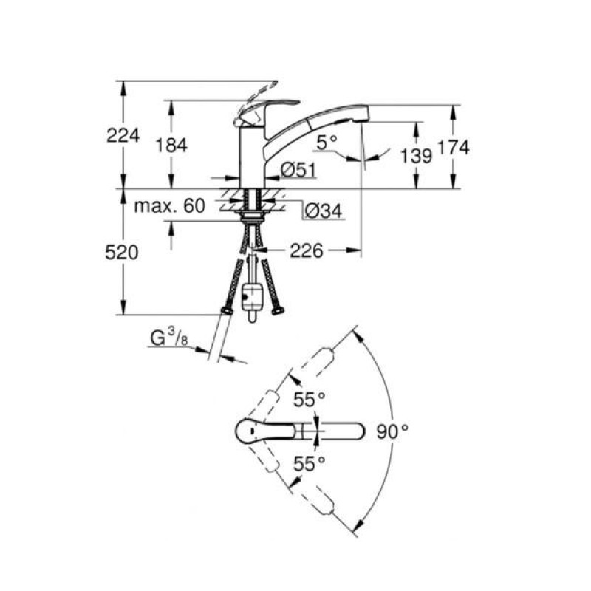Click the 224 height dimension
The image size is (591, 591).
click(123, 135)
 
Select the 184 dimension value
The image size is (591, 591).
click(171, 145)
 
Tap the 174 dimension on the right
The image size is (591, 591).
click(454, 147)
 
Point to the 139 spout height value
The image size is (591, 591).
click(416, 156)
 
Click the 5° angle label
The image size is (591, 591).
click(327, 143)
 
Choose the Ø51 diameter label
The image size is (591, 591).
click(298, 170)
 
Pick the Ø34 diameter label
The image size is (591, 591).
click(324, 211)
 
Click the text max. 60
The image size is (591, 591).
click(170, 206)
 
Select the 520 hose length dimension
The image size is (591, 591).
click(122, 252)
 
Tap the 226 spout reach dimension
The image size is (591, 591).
click(307, 250)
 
